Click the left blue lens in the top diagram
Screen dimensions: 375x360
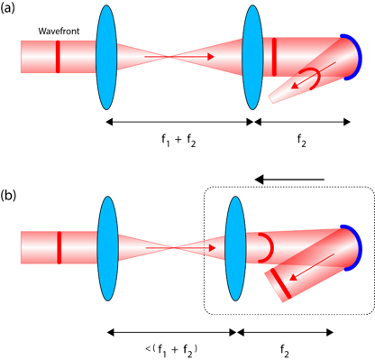[x=105, y=56]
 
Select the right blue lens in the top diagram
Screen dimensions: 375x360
[x=252, y=56]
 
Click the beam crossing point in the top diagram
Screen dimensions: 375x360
[x=169, y=56]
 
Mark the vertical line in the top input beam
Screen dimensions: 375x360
[x=59, y=56]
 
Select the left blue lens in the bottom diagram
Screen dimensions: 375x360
[x=107, y=248]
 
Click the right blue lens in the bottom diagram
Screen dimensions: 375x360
[x=235, y=248]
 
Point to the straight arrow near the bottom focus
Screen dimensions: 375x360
[x=200, y=247]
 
